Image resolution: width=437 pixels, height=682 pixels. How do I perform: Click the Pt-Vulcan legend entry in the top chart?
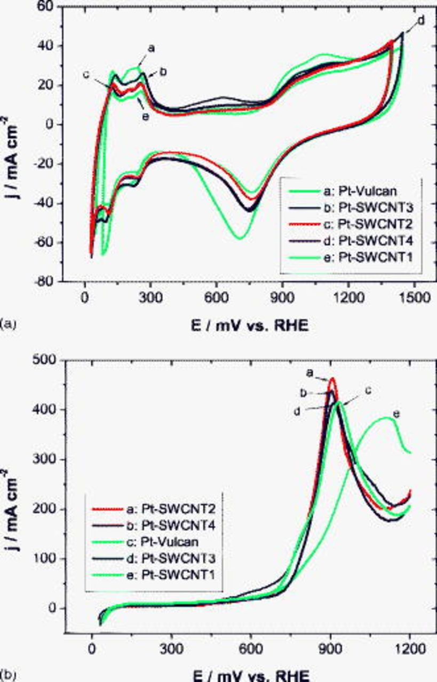(x=347, y=193)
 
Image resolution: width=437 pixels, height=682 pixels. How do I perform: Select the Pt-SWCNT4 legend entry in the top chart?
(x=347, y=241)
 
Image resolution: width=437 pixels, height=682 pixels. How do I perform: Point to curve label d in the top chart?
(x=421, y=21)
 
